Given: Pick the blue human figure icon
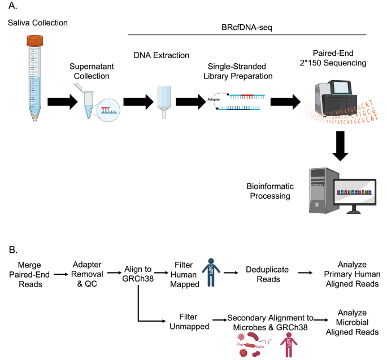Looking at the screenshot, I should click(x=210, y=271).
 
